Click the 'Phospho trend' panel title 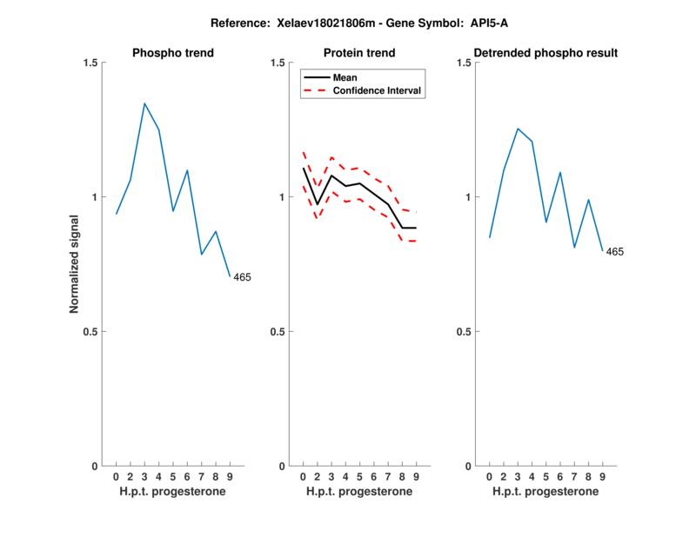coord(173,53)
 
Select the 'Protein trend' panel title coord(359,53)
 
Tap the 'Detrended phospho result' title coord(546,53)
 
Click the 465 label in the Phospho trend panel coord(242,277)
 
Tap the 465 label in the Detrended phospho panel coord(615,252)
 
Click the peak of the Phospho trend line coord(144,103)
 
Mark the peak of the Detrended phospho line coord(518,129)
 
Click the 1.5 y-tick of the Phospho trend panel coord(89,63)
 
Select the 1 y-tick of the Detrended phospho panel coord(467,197)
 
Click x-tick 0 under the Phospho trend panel coord(117,477)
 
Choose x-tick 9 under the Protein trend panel coord(416,477)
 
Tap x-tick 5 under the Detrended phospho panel coord(545,477)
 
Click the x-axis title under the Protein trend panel coord(359,492)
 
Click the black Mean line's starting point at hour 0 coord(303,168)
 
